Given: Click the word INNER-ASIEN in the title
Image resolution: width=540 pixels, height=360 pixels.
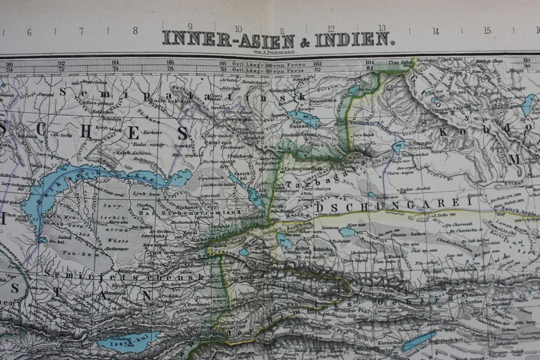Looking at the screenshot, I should pyautogui.click(x=228, y=39).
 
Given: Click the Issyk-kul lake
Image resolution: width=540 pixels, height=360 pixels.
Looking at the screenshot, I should pyautogui.click(x=128, y=341).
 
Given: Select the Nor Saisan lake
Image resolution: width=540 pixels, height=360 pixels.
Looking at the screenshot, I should pyautogui.click(x=304, y=119).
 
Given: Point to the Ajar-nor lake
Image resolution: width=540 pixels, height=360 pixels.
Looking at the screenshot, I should pyautogui.click(x=347, y=231).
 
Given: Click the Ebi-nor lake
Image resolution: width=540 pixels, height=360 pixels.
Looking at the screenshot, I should pyautogui.click(x=285, y=240).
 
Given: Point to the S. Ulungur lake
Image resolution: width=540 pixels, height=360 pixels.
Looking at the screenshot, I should pyautogui.click(x=398, y=148).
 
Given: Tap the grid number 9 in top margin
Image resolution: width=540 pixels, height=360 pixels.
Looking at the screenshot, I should pyautogui.click(x=190, y=27).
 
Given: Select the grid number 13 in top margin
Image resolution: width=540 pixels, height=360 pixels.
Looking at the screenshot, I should pyautogui.click(x=382, y=28).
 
